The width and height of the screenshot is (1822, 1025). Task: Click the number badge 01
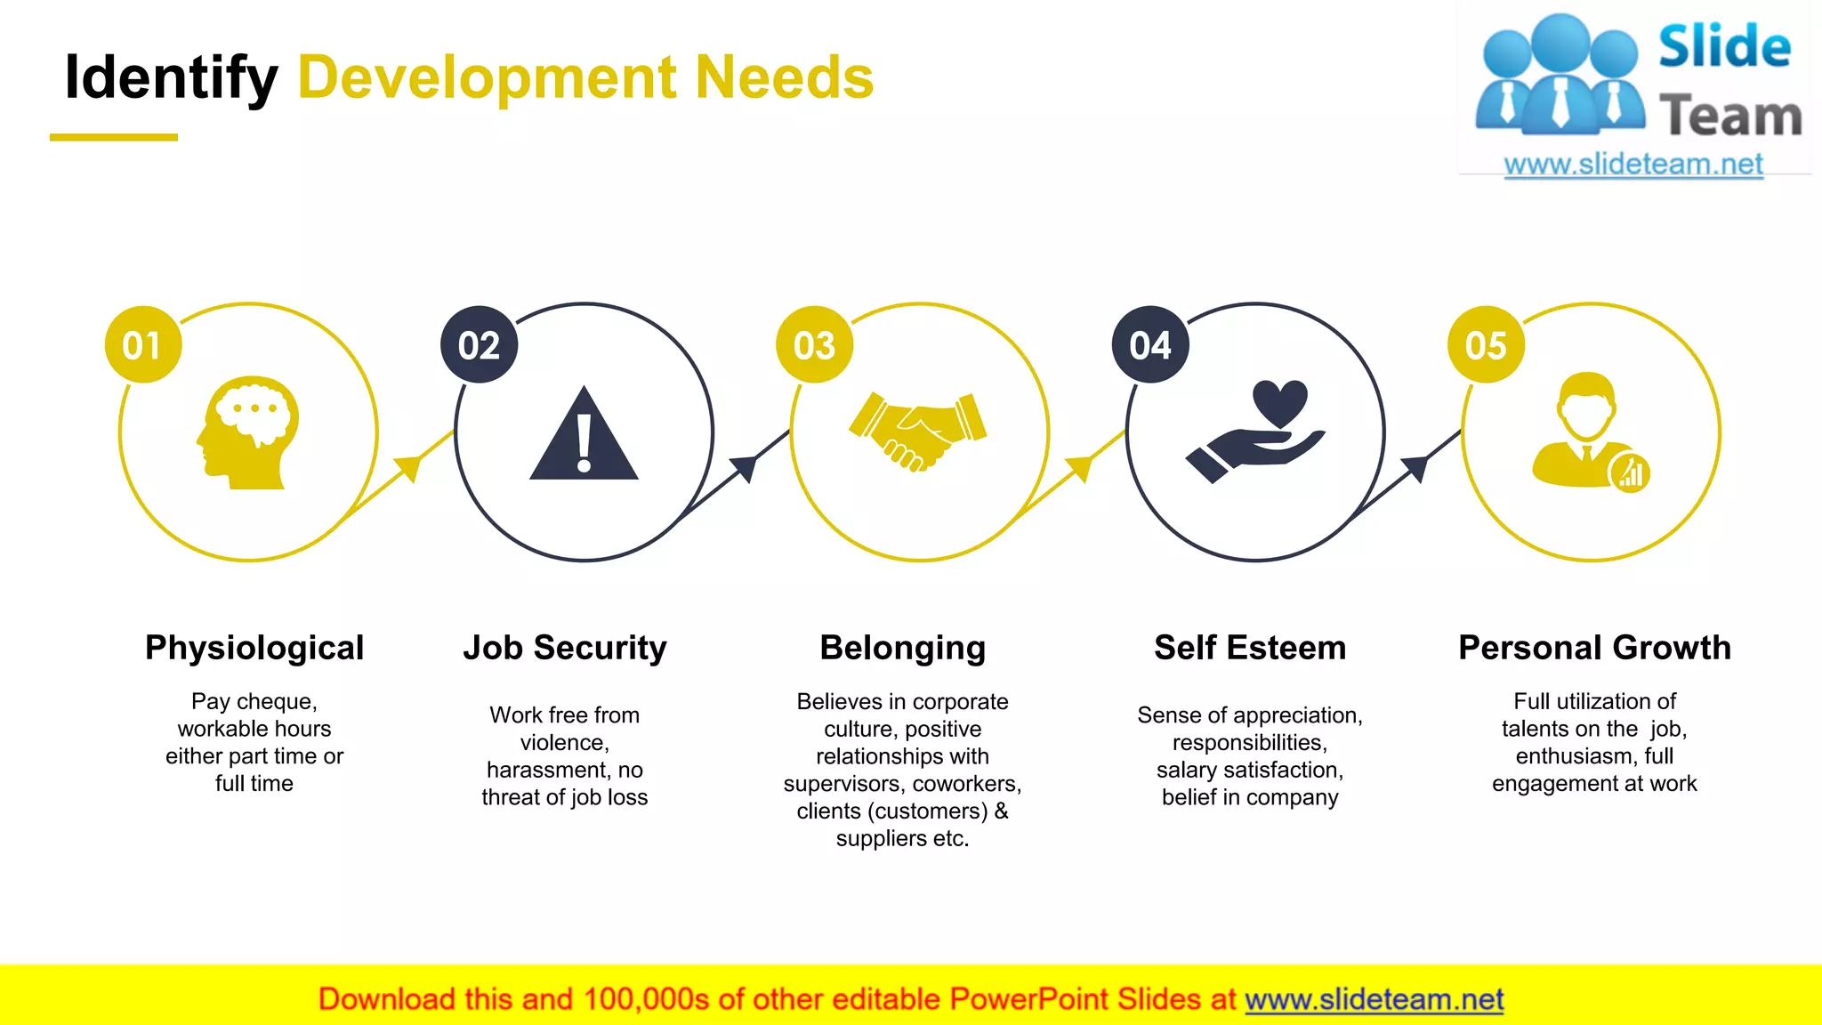pos(143,345)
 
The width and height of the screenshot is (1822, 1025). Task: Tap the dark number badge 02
pos(479,345)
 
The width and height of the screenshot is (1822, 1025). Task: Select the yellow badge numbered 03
pos(814,345)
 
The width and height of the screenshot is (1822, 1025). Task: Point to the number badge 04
pos(1150,345)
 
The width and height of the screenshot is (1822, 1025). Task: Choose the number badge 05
pos(1486,345)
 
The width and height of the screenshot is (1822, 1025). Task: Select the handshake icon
pos(918,431)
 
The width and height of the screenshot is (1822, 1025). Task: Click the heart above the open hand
pos(1279,402)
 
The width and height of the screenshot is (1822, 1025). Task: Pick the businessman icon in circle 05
pos(1585,431)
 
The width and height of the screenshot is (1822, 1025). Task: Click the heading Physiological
pos(254,648)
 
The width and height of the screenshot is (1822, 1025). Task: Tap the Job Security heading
pos(565,648)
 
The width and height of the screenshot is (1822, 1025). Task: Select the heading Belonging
pos(902,648)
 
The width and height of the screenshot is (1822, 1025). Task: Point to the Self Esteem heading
pos(1250,648)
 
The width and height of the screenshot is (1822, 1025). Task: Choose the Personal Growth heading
pos(1594,648)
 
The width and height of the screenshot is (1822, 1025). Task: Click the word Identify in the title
pos(172,77)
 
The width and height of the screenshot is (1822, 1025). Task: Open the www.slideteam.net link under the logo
pos(1633,165)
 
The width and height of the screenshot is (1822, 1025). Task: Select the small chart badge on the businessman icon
pos(1631,472)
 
